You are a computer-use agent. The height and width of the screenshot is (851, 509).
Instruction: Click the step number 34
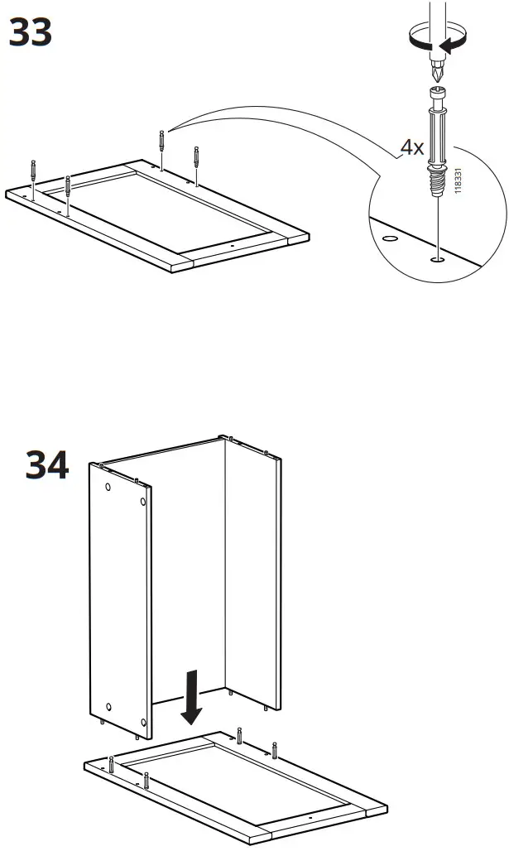pyautogui.click(x=47, y=465)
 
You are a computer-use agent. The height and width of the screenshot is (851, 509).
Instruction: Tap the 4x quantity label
pyautogui.click(x=411, y=147)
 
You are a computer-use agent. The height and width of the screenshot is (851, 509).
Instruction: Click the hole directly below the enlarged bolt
pyautogui.click(x=436, y=259)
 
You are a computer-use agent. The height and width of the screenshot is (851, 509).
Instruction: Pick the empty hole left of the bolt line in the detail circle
pyautogui.click(x=388, y=238)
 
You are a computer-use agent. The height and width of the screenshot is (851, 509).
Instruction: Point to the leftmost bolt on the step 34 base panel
pyautogui.click(x=110, y=765)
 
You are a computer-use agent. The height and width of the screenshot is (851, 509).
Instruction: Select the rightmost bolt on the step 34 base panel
pyautogui.click(x=275, y=752)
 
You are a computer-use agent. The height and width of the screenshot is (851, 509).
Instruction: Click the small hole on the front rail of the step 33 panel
pyautogui.click(x=233, y=246)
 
